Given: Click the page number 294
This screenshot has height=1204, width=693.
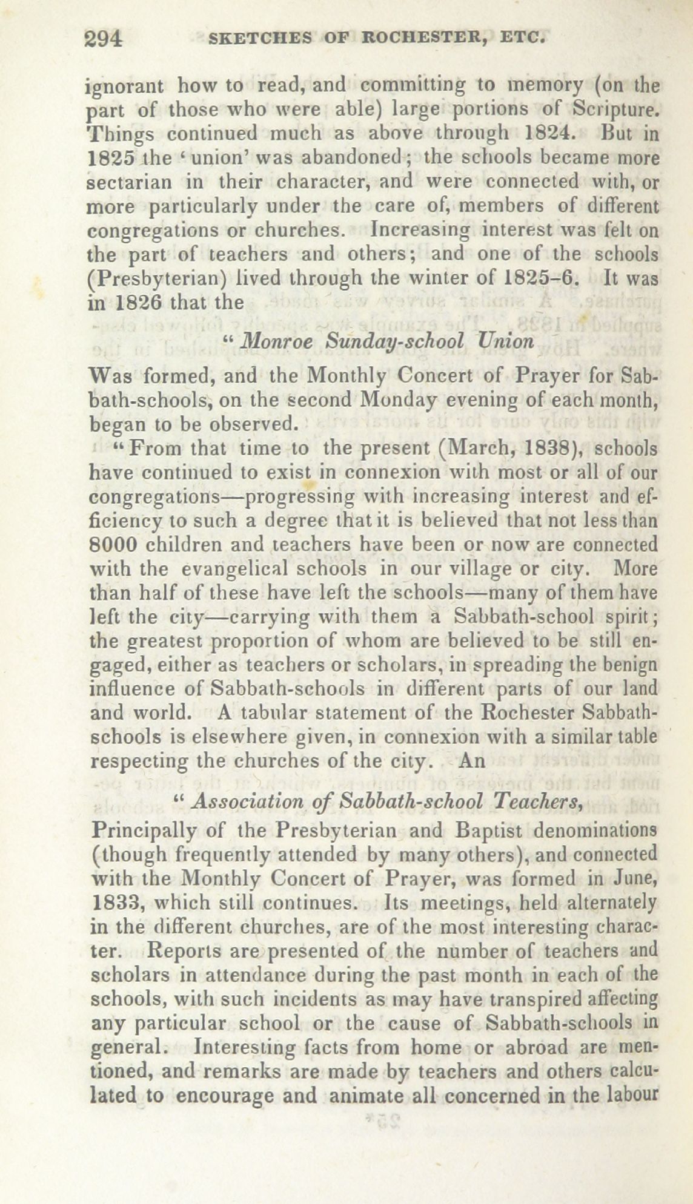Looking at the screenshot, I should [x=104, y=39].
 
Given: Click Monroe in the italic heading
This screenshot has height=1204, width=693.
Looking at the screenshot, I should [x=277, y=341].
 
